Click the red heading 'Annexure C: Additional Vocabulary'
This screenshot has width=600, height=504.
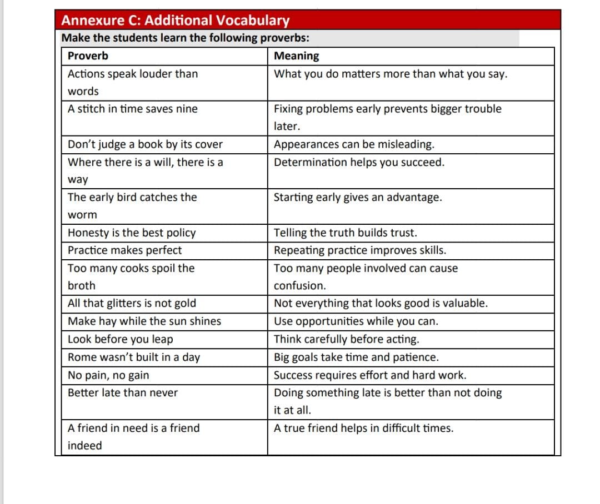click(175, 21)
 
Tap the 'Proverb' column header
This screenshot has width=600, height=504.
click(88, 56)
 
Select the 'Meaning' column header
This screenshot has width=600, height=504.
click(297, 56)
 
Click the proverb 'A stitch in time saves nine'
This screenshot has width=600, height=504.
click(132, 109)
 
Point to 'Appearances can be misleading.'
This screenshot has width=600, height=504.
click(354, 144)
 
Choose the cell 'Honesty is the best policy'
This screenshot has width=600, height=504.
click(132, 233)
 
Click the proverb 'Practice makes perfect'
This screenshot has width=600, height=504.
click(124, 250)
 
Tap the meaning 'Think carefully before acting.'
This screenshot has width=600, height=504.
click(347, 339)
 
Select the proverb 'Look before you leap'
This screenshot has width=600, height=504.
click(120, 339)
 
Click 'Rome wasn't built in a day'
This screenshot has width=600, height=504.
click(133, 357)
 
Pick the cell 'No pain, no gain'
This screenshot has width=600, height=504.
click(108, 375)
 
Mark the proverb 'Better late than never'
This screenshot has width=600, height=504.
click(123, 393)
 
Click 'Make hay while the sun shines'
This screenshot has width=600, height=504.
click(144, 321)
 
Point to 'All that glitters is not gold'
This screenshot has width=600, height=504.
click(132, 304)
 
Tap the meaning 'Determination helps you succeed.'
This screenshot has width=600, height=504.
click(359, 162)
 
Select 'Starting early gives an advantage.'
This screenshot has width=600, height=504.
click(358, 198)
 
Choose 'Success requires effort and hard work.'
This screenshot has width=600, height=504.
click(370, 375)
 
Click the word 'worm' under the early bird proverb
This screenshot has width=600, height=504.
click(82, 215)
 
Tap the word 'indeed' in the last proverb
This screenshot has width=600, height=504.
click(85, 446)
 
